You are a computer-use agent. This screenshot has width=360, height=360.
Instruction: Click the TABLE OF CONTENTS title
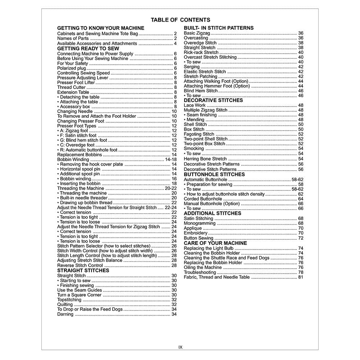(x=180, y=20)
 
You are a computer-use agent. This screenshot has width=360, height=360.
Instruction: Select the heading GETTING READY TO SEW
(x=88, y=48)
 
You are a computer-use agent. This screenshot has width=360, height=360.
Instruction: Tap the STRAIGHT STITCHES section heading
(x=83, y=270)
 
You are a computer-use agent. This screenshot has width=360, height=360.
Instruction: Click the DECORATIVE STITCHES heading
(x=213, y=100)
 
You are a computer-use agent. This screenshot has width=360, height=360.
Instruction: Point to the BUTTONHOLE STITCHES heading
(x=214, y=174)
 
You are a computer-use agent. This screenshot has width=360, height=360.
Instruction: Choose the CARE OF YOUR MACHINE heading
(x=215, y=243)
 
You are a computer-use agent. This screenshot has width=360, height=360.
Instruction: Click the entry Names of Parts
(x=73, y=39)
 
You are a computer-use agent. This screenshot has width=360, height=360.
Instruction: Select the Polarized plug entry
(x=72, y=68)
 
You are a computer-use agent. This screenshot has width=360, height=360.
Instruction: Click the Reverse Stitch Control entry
(x=80, y=265)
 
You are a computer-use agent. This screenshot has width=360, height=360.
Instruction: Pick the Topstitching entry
(x=69, y=300)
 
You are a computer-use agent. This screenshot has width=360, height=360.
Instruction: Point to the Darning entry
(x=65, y=314)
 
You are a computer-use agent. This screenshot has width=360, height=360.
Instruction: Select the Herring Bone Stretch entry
(x=205, y=159)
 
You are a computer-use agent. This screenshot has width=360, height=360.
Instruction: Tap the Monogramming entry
(x=199, y=223)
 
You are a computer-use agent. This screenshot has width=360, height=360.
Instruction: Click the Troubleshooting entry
(x=200, y=273)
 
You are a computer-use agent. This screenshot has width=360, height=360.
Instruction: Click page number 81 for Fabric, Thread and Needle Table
(x=301, y=277)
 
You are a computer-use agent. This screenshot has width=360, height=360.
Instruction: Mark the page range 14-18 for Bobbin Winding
(x=171, y=159)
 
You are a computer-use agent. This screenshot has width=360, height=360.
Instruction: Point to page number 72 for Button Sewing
(x=301, y=238)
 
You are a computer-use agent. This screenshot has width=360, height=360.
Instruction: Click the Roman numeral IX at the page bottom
(x=180, y=347)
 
